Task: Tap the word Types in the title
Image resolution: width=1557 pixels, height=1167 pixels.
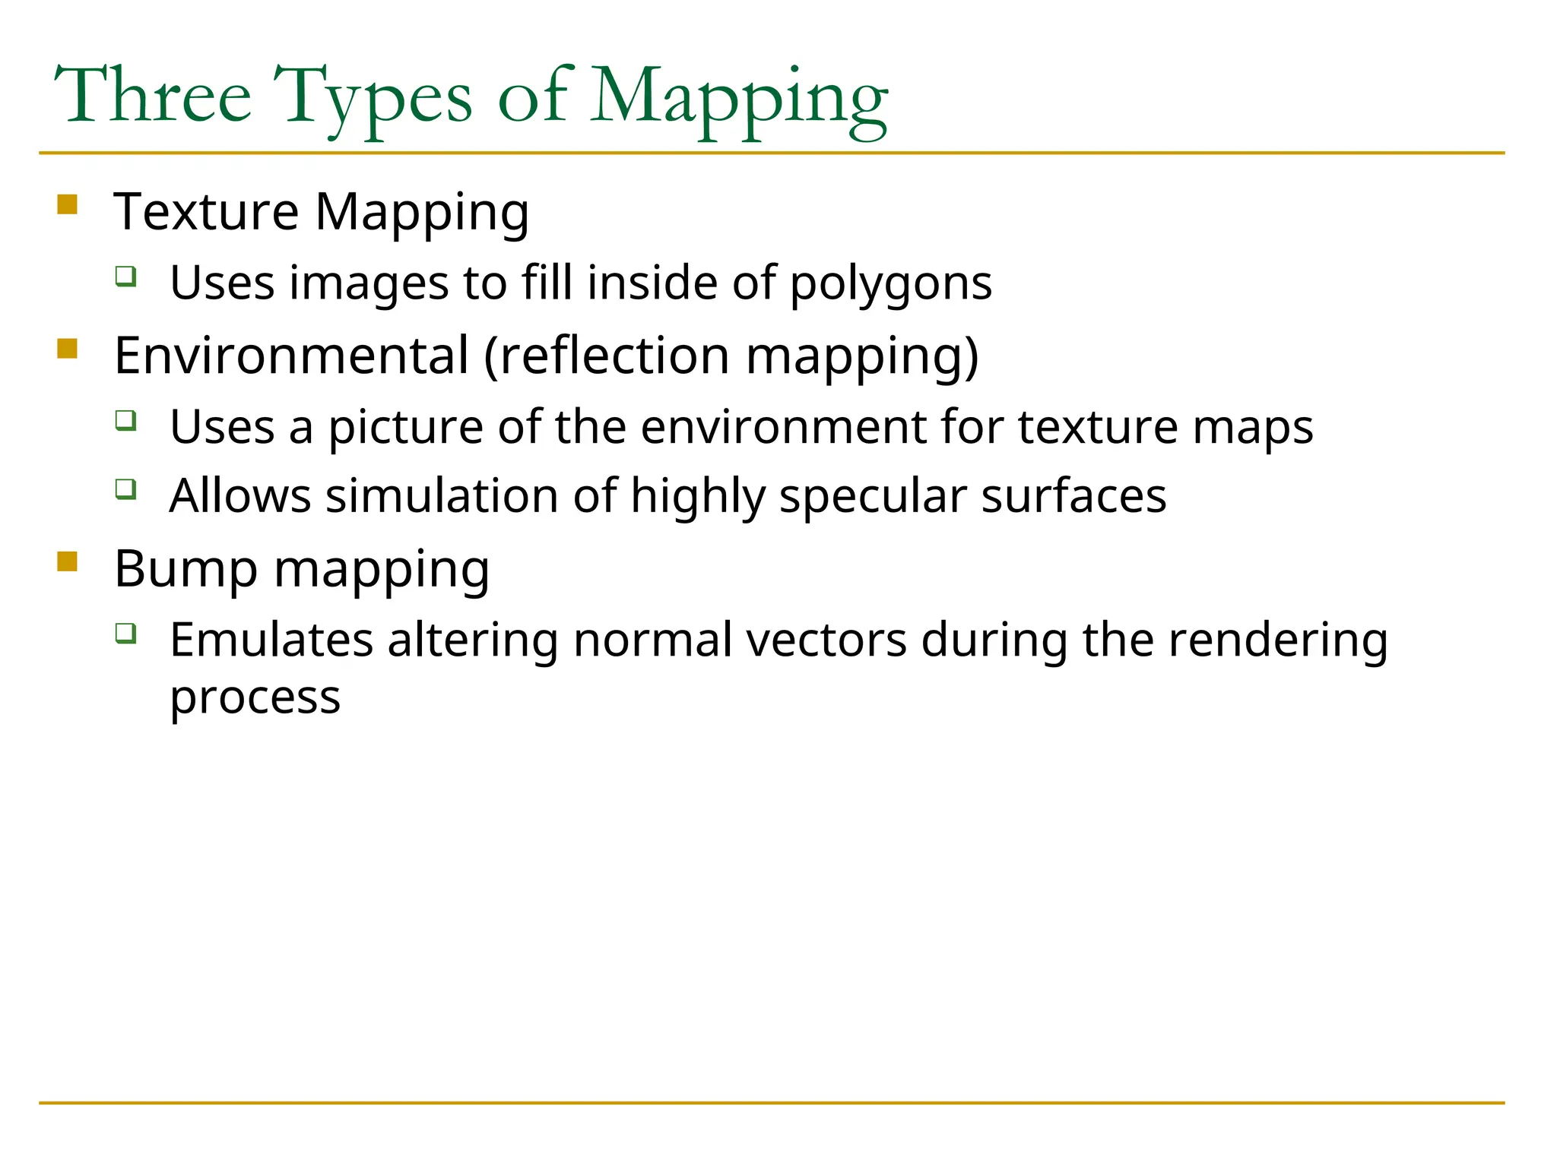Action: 373,99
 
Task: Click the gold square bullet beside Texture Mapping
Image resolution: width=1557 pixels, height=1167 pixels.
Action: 68,205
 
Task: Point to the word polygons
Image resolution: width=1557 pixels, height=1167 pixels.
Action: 890,284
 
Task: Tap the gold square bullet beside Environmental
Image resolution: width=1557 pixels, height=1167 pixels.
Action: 68,349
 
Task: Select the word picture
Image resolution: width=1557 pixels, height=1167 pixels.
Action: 405,428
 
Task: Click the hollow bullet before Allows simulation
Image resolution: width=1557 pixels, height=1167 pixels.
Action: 126,489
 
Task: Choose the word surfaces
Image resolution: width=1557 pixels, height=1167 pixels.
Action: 1073,496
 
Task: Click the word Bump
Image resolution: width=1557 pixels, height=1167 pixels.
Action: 186,569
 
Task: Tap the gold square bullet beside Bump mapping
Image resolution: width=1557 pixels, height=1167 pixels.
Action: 68,561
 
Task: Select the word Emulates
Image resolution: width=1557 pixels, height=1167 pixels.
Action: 271,640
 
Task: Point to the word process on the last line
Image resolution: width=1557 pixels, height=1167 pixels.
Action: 255,698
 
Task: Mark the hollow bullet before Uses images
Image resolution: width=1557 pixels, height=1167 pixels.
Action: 126,276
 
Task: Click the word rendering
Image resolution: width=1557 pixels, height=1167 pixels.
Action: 1277,640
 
